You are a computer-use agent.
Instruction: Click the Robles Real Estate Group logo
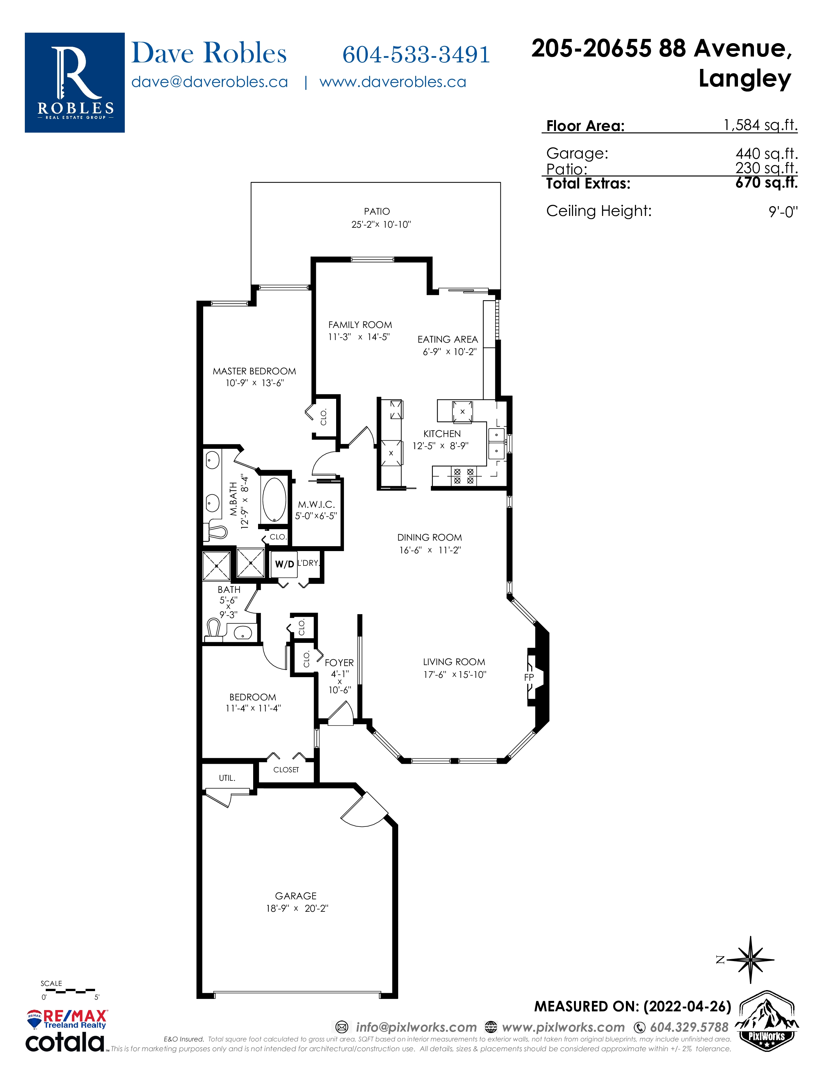[74, 82]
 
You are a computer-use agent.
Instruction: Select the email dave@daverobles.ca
[210, 82]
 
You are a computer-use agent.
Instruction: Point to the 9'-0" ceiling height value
[783, 212]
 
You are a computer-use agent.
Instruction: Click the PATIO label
[377, 211]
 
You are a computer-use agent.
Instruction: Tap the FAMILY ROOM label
[360, 325]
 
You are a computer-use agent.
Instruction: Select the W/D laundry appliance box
[284, 564]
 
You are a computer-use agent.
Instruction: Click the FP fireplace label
[529, 678]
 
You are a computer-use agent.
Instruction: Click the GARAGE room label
[296, 896]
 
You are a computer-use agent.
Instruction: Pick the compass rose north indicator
[750, 960]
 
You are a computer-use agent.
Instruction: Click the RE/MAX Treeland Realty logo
[67, 1019]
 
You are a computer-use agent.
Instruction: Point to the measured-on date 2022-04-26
[687, 1007]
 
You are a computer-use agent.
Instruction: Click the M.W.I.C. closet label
[316, 504]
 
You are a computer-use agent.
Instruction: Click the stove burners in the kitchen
[464, 476]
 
